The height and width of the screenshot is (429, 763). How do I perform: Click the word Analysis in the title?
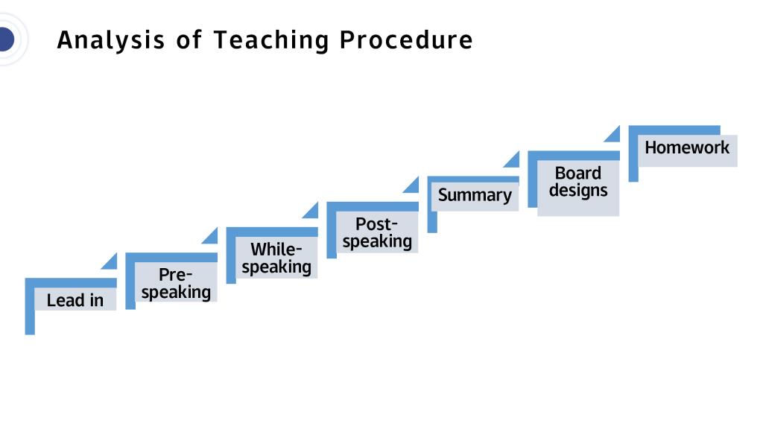tap(111, 40)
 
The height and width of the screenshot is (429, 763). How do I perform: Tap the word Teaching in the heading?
tap(271, 40)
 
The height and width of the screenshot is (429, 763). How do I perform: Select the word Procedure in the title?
tap(406, 40)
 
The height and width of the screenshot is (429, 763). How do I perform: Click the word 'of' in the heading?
tap(189, 39)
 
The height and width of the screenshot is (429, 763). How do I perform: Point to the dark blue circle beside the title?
tap(6, 39)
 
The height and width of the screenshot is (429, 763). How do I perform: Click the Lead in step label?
tap(75, 300)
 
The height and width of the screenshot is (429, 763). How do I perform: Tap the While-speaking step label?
tap(276, 258)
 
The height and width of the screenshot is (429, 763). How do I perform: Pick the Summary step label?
tap(475, 195)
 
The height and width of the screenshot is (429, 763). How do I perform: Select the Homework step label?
tap(687, 147)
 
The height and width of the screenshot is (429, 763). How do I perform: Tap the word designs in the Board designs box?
tap(578, 191)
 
